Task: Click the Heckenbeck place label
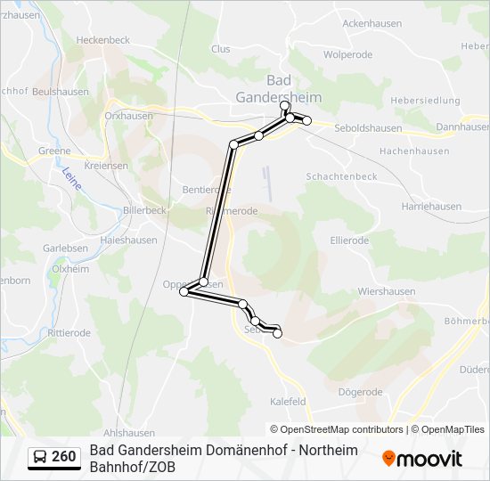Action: pos(104,40)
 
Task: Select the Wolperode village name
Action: pos(347,54)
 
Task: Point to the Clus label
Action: pos(220,49)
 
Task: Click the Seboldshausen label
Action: pos(367,128)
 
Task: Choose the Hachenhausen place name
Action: pos(411,152)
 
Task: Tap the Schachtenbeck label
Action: pos(341,176)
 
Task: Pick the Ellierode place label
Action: pos(349,240)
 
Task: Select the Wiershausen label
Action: pos(386,290)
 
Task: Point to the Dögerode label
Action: pos(361,392)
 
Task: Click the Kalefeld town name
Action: pos(288,402)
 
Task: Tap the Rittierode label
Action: pos(69,333)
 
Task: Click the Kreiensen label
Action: pos(106,166)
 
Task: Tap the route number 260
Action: pos(64,457)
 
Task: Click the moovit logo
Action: pos(422,459)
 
